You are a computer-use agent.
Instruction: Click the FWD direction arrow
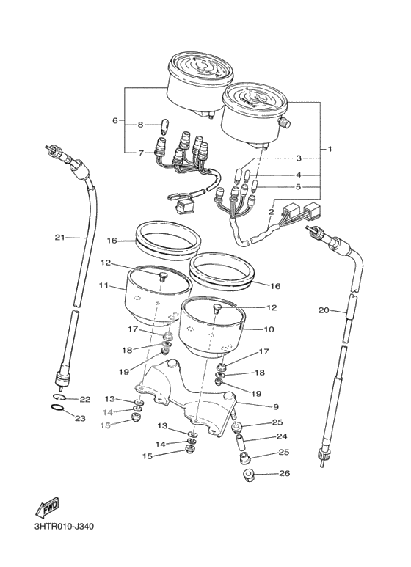pyautogui.click(x=47, y=508)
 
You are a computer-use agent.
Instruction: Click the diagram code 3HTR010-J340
pyautogui.click(x=64, y=526)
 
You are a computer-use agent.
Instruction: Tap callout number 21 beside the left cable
pyautogui.click(x=59, y=238)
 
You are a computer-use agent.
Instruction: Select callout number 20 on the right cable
pyautogui.click(x=324, y=310)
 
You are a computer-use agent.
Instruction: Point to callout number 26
pyautogui.click(x=285, y=473)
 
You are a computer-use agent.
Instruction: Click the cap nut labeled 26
pyautogui.click(x=248, y=474)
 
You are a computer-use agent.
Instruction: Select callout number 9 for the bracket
pyautogui.click(x=276, y=407)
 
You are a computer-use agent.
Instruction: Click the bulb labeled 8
pyautogui.click(x=163, y=128)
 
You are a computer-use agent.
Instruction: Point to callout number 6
pyautogui.click(x=115, y=120)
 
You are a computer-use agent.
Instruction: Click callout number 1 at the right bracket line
pyautogui.click(x=330, y=149)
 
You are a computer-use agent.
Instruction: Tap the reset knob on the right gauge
pyautogui.click(x=283, y=123)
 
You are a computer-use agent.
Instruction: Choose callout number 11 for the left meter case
pyautogui.click(x=103, y=285)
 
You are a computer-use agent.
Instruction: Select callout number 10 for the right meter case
pyautogui.click(x=269, y=329)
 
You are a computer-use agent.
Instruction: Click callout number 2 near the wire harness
pyautogui.click(x=271, y=212)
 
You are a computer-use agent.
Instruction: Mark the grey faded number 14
pyautogui.click(x=108, y=412)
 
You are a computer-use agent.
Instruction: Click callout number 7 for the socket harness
pyautogui.click(x=141, y=153)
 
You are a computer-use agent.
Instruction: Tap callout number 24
pyautogui.click(x=282, y=436)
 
